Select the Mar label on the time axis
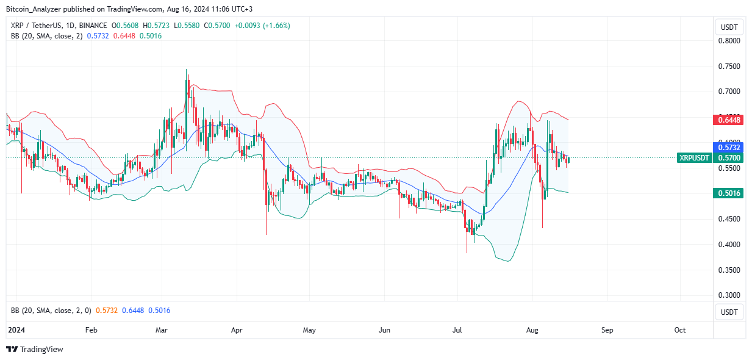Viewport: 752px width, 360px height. (162, 330)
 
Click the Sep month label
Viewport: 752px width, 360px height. (607, 330)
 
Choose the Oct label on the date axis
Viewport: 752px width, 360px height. (680, 330)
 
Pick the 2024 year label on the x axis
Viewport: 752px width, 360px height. (15, 330)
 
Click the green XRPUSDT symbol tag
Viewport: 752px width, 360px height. (695, 158)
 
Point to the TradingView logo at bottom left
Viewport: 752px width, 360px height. (35, 350)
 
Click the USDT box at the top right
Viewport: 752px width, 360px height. (729, 27)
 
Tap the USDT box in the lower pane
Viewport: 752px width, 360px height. (729, 312)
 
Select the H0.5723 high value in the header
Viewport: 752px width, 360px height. (157, 26)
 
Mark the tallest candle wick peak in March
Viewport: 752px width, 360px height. (186, 70)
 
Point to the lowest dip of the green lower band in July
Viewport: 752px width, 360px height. (506, 261)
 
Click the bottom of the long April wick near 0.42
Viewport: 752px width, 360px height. (267, 234)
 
